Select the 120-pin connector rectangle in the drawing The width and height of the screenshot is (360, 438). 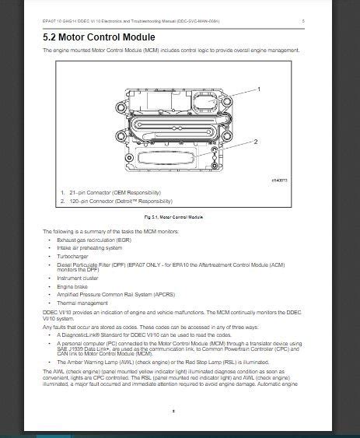coord(164,158)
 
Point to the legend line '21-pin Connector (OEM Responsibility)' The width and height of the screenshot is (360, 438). coord(114,192)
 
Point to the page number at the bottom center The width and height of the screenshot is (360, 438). coord(174,409)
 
